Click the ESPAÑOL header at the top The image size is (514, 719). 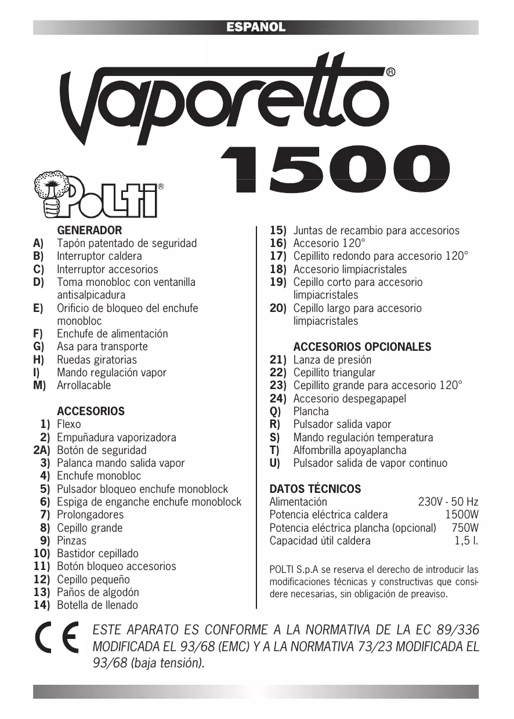(256, 27)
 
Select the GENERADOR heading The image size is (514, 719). (89, 230)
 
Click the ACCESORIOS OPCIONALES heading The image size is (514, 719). (362, 347)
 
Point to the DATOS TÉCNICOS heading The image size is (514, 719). (315, 489)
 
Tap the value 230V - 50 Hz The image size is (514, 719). (448, 502)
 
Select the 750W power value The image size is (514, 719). (465, 528)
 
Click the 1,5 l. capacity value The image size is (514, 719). (466, 541)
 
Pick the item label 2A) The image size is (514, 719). (41, 451)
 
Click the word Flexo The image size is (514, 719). (69, 424)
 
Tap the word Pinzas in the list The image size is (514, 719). (71, 541)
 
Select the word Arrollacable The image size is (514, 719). (84, 386)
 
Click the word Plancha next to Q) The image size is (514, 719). (311, 412)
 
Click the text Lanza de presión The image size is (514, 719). (332, 360)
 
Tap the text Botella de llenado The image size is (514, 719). (97, 605)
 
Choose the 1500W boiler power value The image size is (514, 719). (461, 515)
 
